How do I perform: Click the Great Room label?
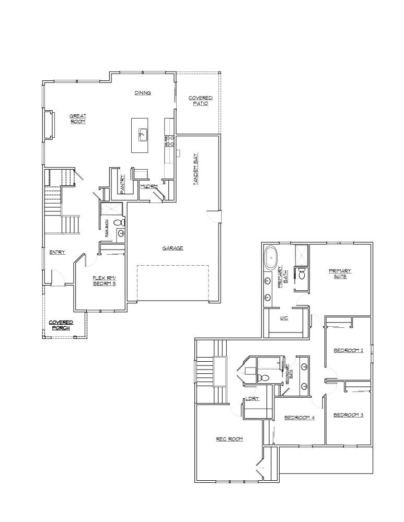[x=77, y=118]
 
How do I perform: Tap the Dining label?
[x=143, y=93]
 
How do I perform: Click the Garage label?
[x=172, y=248]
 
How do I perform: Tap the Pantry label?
[x=122, y=184]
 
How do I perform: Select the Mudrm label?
[x=148, y=186]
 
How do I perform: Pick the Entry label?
[x=57, y=252]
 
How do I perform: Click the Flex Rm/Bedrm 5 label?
[x=103, y=281]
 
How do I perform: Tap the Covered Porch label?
[x=61, y=325]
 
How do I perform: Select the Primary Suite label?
[x=340, y=274]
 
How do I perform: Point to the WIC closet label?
[x=284, y=317]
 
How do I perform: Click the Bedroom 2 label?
[x=349, y=350]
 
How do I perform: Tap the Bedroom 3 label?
[x=348, y=415]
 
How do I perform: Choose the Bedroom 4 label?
[x=299, y=418]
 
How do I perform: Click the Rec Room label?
[x=229, y=439]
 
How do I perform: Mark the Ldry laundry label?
[x=252, y=399]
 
